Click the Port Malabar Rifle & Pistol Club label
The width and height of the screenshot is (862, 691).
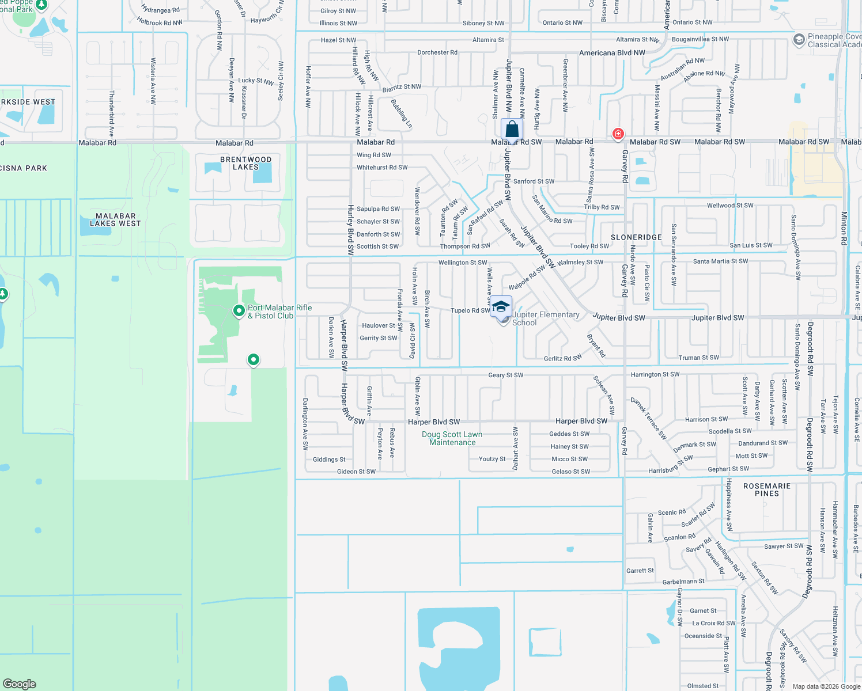279,312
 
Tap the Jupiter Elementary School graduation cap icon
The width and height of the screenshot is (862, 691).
501,306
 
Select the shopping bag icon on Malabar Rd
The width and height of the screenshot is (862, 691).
512,129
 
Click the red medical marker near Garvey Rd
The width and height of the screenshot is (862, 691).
618,134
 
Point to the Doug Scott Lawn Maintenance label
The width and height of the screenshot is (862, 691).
452,438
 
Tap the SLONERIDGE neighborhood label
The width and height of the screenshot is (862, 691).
636,237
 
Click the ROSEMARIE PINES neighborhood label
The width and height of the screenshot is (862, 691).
767,489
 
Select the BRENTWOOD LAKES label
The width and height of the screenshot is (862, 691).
246,163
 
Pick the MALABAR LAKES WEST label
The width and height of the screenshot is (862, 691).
115,219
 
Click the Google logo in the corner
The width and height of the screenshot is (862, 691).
20,684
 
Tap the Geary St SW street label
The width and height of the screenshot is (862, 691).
505,375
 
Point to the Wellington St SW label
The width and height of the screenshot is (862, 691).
463,263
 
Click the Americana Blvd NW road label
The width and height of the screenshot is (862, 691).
612,53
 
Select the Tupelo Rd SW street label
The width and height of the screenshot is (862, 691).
470,310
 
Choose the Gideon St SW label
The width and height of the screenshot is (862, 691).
356,472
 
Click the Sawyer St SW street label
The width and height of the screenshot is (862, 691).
784,546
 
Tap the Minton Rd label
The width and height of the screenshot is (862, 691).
844,229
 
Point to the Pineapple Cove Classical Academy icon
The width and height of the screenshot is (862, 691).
799,40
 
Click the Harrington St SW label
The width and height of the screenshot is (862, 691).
655,374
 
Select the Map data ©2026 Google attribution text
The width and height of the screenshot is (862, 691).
826,686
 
